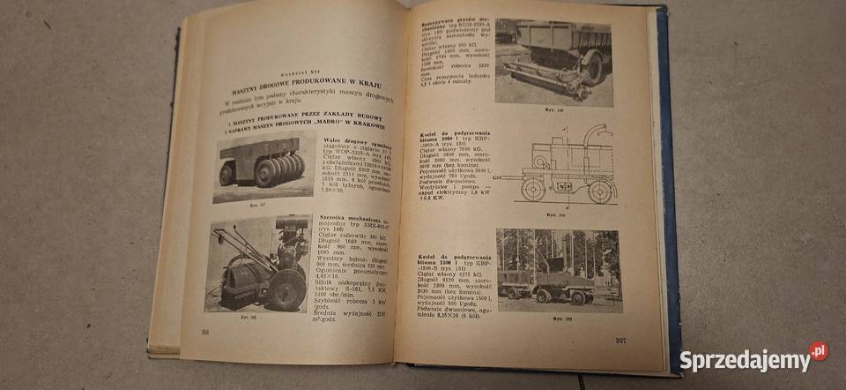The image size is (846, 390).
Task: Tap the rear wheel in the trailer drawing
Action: [x=531, y=189]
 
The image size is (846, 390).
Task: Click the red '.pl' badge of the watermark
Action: [x=819, y=351]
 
